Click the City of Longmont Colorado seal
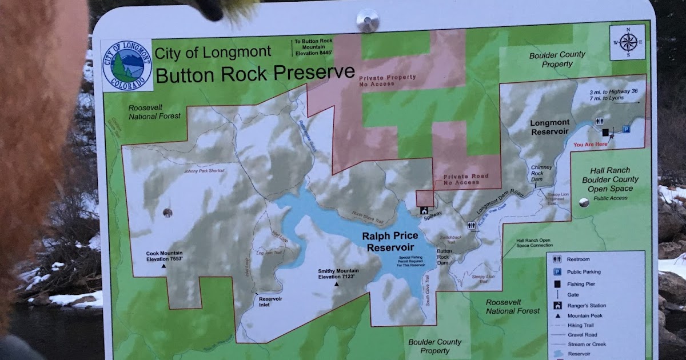(127, 65)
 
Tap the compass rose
(627, 42)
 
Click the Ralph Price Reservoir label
(390, 241)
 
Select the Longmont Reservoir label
(549, 127)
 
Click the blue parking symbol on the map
(626, 129)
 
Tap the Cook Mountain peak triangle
(163, 266)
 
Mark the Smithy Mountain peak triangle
(337, 283)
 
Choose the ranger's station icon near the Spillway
(424, 210)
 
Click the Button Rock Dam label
(444, 257)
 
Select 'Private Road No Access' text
(466, 179)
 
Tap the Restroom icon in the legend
(556, 259)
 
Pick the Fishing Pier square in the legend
(556, 283)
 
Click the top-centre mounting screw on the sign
(367, 21)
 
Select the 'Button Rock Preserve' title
(255, 73)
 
